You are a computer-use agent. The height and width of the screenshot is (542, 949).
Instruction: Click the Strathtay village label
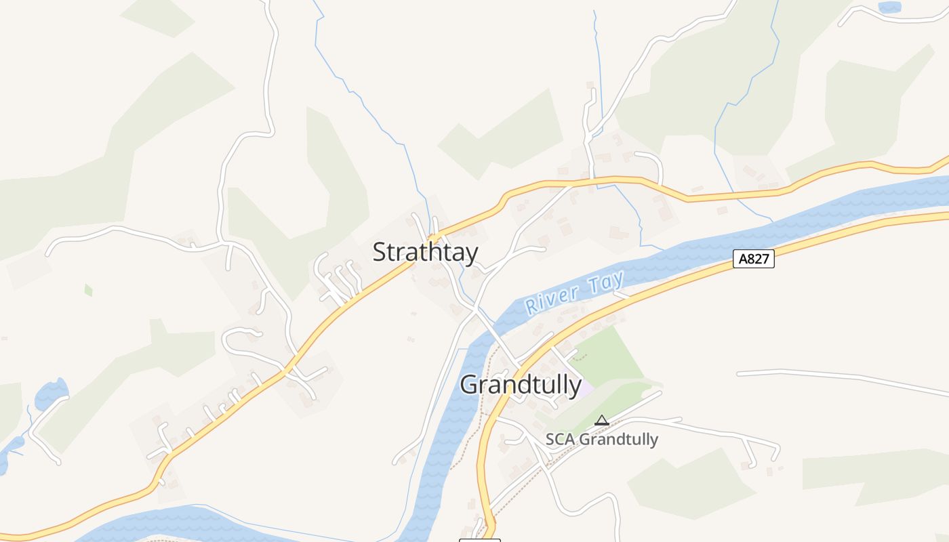425,252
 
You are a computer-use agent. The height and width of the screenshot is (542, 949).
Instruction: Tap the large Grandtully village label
521,385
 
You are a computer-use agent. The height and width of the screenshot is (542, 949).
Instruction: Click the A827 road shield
753,258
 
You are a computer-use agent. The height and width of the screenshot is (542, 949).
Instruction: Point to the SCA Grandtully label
602,439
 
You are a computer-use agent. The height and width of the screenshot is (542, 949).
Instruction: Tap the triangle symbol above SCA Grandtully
601,421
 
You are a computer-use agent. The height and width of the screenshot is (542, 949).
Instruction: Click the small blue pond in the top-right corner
889,7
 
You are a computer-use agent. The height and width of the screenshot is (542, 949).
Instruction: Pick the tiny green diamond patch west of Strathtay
88,290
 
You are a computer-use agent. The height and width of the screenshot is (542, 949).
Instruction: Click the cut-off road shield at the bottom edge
479,540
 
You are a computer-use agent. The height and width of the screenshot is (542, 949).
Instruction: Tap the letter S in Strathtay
380,252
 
